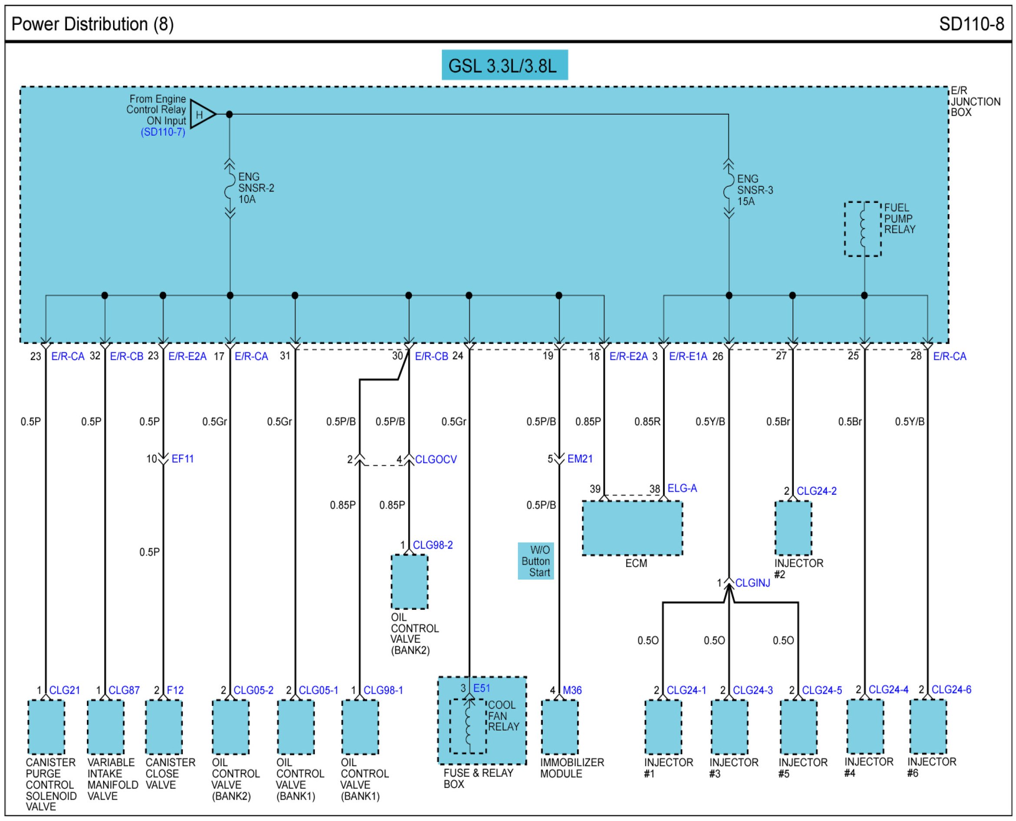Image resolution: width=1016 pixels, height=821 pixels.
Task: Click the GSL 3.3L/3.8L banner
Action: (x=504, y=65)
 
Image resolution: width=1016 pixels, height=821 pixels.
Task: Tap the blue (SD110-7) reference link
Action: (x=163, y=132)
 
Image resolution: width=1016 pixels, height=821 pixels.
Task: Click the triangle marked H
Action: (x=202, y=114)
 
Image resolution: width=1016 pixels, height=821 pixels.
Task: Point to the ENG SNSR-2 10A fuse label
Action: (x=256, y=188)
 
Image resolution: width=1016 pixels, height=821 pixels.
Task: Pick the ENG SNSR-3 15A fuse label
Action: (x=754, y=190)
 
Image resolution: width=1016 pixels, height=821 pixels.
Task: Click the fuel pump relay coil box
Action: (x=862, y=229)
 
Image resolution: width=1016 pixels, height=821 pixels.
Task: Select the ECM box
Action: (x=632, y=528)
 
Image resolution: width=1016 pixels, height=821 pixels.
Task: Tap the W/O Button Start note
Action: (x=535, y=561)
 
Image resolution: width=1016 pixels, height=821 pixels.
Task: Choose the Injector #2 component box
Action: (x=793, y=528)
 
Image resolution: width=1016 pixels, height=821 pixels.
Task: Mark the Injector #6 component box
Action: (x=928, y=726)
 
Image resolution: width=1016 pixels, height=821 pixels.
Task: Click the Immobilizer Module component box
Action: (x=559, y=727)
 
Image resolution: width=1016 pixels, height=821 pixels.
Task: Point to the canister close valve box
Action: (x=164, y=727)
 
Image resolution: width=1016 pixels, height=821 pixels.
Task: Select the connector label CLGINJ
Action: (x=752, y=583)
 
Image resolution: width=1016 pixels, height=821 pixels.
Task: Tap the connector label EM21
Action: (x=579, y=458)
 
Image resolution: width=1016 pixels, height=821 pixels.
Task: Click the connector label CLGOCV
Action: (x=435, y=459)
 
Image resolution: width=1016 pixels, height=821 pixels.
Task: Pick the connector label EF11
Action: (x=183, y=458)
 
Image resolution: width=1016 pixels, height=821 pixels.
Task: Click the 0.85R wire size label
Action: (x=647, y=421)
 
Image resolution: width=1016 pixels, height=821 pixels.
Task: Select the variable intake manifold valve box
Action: (x=106, y=727)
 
